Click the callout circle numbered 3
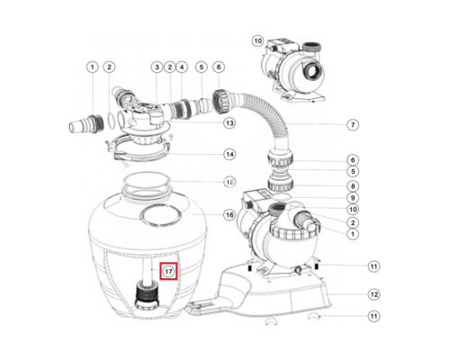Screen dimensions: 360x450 click(157, 67)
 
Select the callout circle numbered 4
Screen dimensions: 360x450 click(182, 67)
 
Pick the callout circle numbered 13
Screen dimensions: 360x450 click(229, 122)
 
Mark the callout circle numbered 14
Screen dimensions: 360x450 click(229, 154)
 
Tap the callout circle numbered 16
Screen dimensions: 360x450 click(229, 215)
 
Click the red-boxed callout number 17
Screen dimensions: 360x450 click(166, 270)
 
